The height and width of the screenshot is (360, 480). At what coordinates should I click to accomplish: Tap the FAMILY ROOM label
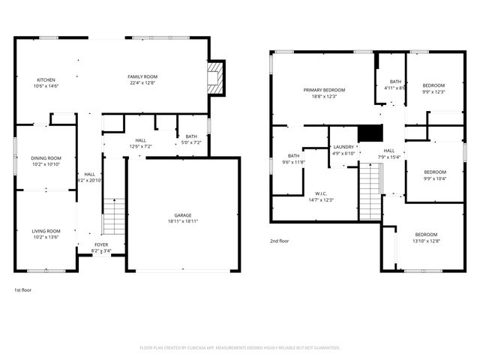[x=142, y=77]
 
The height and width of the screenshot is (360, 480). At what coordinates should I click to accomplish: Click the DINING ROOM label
[x=46, y=158]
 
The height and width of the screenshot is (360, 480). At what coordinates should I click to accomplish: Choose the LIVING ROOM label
[x=46, y=231]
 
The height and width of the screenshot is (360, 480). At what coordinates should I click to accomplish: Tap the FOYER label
[x=100, y=244]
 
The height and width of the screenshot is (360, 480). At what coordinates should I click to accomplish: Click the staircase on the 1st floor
[x=113, y=217]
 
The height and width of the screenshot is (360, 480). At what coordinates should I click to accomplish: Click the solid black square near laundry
[x=370, y=133]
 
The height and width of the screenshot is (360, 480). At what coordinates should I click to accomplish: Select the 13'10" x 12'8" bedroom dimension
[x=426, y=241]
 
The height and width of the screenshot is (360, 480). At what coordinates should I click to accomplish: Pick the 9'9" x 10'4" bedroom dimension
[x=435, y=178]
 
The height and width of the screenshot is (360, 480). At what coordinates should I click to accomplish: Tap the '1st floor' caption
[x=23, y=289]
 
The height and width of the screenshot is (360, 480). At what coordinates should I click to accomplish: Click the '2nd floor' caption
[x=280, y=241]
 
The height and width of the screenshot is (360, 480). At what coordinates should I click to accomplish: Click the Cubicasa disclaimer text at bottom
[x=240, y=348]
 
